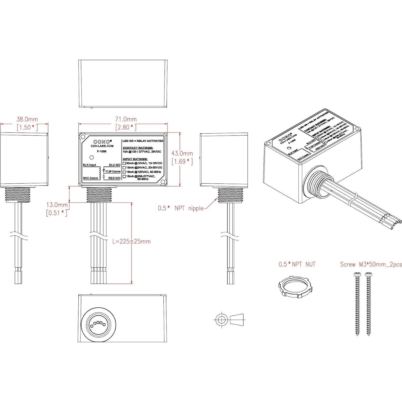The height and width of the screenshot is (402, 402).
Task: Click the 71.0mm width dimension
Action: pos(125,119)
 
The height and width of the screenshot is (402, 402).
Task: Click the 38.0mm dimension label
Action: pos(27,119)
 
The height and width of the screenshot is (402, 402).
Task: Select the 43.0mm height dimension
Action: pos(182,153)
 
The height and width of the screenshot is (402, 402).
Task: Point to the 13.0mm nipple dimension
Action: pos(57,205)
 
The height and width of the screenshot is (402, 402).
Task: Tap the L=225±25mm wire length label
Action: pos(131,242)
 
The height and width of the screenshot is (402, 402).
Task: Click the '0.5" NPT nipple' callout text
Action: pos(180,208)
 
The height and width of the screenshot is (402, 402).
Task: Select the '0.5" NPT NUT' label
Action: pos(297,265)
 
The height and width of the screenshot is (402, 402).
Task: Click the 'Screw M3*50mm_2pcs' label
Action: pos(371,265)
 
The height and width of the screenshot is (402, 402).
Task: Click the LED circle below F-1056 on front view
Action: pos(92,158)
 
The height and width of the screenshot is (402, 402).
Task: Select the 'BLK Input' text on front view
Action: pos(89,165)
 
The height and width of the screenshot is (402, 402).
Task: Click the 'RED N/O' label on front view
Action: pos(114,178)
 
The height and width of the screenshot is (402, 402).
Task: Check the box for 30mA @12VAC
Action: pos(124,163)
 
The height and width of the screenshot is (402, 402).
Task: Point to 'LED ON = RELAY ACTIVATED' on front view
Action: pos(143,141)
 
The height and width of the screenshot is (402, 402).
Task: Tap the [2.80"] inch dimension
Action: pos(126,127)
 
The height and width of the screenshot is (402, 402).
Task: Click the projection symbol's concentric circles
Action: pos(221,320)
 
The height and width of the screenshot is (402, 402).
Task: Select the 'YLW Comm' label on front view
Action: pos(113,172)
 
